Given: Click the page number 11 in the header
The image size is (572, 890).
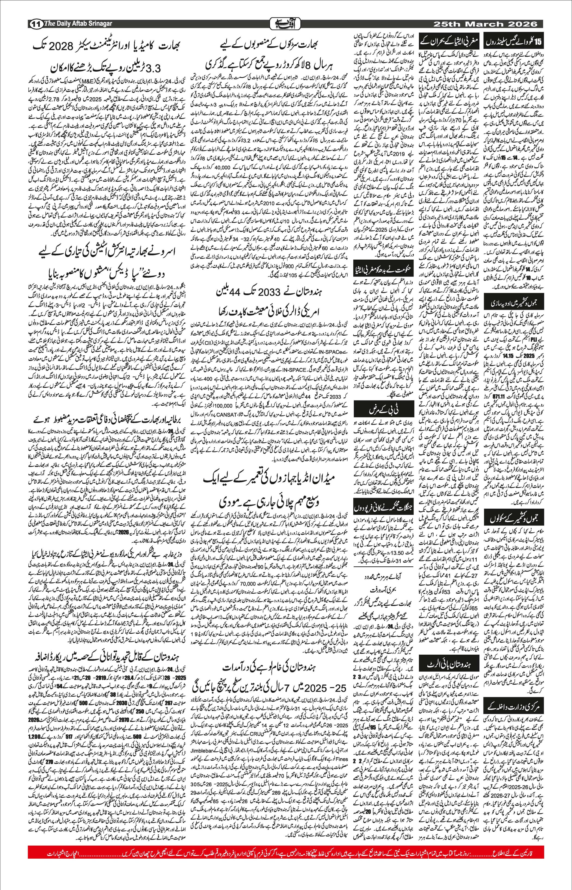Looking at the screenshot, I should (36, 24).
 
